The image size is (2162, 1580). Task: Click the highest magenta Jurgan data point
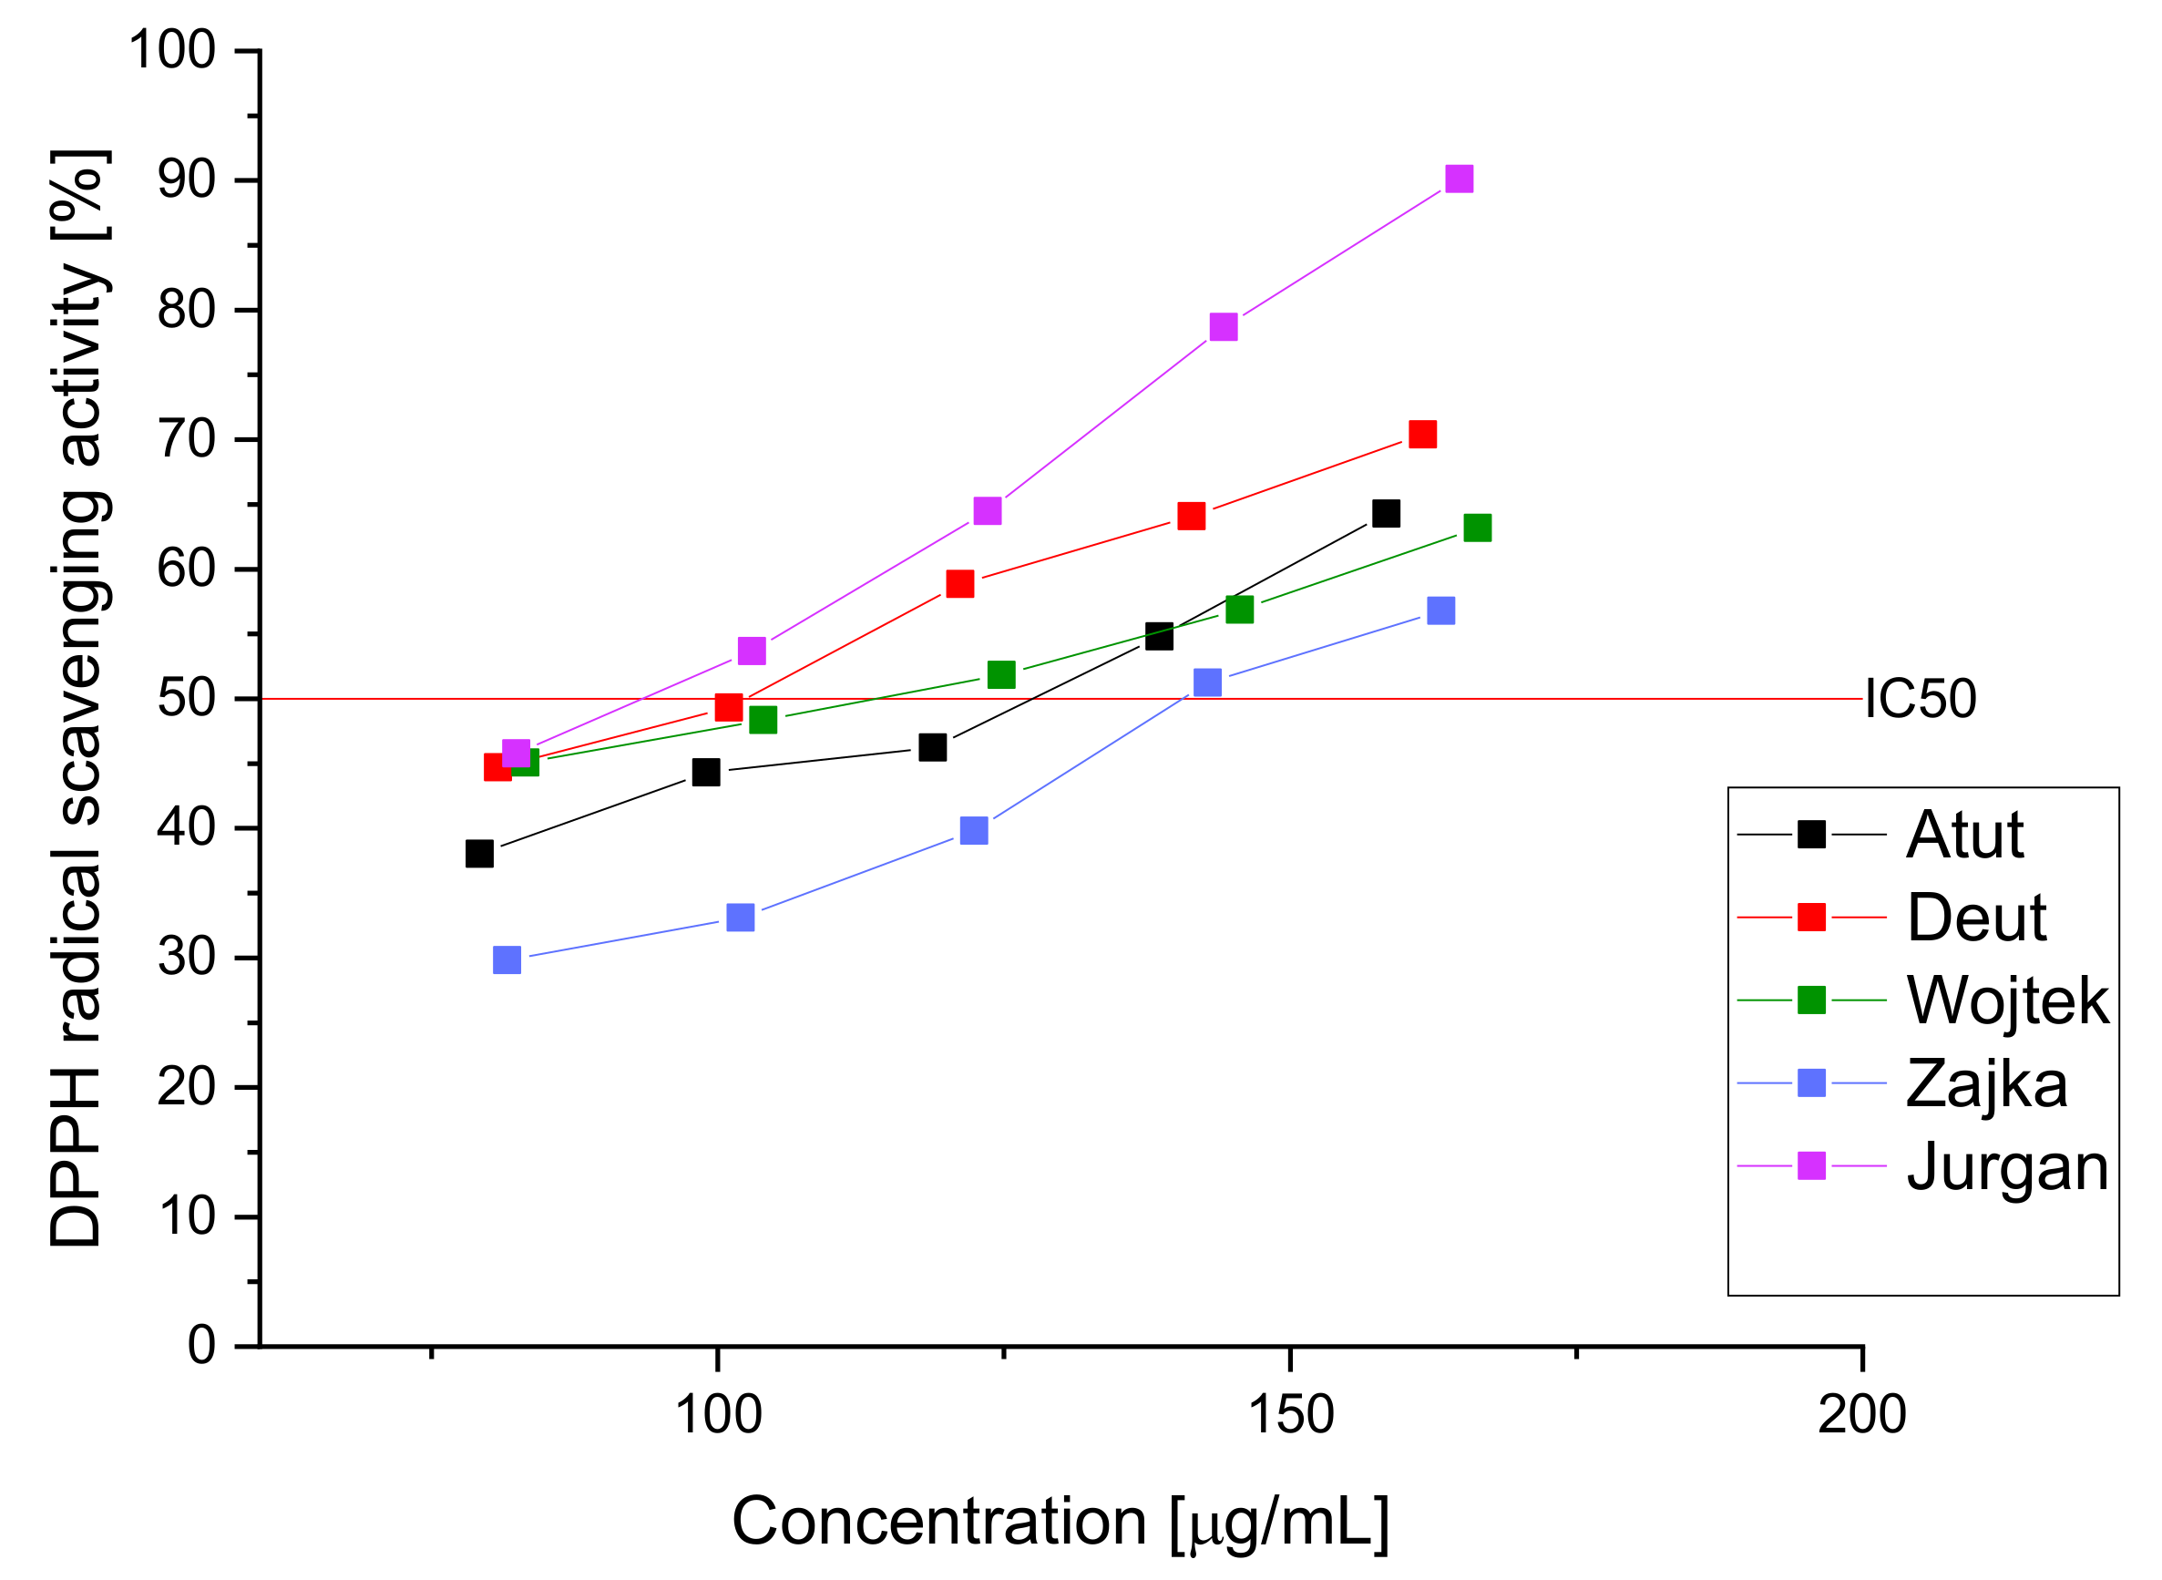[x=1460, y=179]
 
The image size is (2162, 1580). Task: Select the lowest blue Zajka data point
[x=507, y=959]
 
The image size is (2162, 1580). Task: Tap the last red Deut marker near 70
[x=1423, y=435]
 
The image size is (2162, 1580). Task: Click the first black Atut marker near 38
[x=479, y=853]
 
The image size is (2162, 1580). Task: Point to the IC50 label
[x=1920, y=699]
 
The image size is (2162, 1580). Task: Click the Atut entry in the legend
[x=1965, y=835]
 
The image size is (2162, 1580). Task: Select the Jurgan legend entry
[x=2007, y=1167]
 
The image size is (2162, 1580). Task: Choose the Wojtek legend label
[x=2007, y=1000]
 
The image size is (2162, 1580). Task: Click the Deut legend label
[x=1976, y=918]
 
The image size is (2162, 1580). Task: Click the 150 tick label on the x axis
[x=1291, y=1414]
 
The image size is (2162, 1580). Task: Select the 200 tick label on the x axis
[x=1861, y=1414]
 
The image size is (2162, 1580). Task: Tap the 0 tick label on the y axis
[x=201, y=1346]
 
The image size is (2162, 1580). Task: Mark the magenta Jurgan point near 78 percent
[x=1223, y=327]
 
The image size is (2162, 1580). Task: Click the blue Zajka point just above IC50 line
[x=1208, y=682]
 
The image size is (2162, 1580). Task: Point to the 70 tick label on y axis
[x=187, y=440]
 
